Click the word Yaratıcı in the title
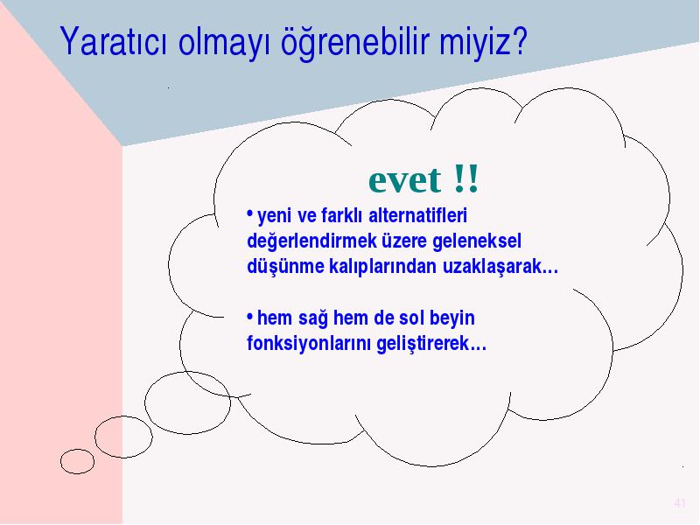(114, 41)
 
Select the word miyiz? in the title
(484, 42)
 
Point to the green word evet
(404, 180)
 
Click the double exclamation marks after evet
(466, 178)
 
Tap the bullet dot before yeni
(250, 213)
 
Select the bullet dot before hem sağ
(250, 315)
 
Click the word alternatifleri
(418, 215)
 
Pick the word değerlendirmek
(311, 241)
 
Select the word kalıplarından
(382, 267)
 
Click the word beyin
(451, 318)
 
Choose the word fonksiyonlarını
(309, 344)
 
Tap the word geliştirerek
(423, 344)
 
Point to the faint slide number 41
(680, 503)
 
